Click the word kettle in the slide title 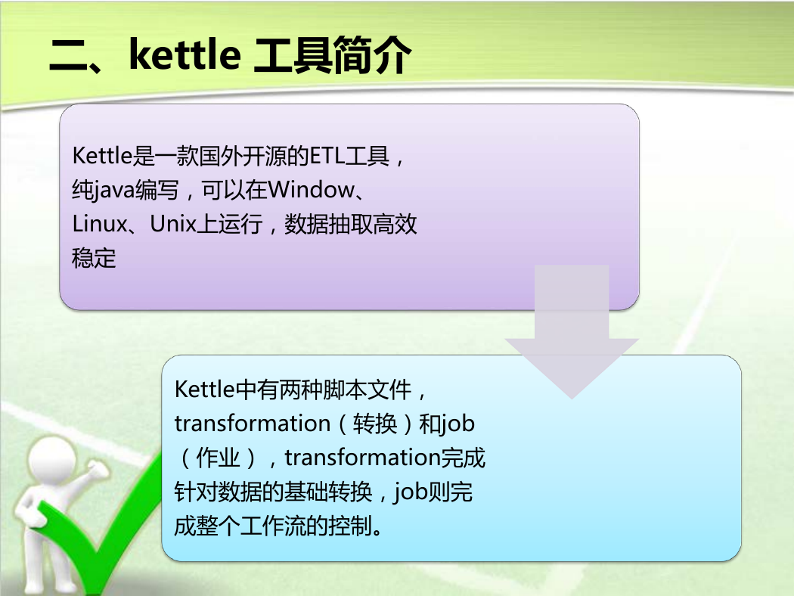(185, 54)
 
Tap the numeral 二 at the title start (68, 56)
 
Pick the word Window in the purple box (311, 190)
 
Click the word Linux (100, 224)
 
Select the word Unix (172, 224)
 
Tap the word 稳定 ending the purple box (94, 258)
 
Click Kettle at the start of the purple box (102, 156)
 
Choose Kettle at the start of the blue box (205, 390)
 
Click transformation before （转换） (252, 424)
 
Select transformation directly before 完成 (362, 458)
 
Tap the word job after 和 (458, 424)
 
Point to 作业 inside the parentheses (218, 458)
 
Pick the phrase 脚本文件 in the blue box (368, 390)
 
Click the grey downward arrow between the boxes (572, 332)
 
